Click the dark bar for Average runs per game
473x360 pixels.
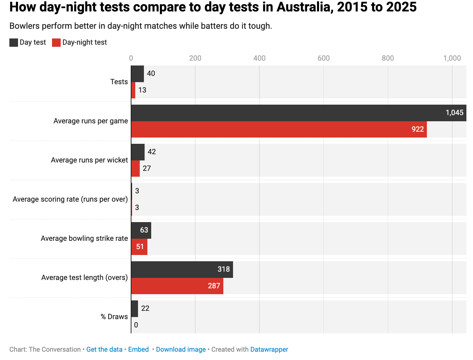298,113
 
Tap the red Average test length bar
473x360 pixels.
177,286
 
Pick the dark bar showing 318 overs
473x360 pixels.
182,269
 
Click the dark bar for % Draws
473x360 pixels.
135,308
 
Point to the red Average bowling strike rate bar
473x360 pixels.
139,247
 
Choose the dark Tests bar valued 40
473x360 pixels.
137,73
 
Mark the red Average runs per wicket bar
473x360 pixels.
135,168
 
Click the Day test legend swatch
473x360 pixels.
14,43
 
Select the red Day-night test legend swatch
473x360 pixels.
56,43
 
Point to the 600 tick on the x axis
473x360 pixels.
324,58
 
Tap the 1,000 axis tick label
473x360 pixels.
452,58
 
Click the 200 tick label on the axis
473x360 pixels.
195,58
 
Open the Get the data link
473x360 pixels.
104,349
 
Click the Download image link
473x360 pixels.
181,349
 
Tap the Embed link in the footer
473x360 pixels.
138,349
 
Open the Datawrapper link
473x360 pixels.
269,349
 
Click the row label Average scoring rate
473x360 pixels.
70,199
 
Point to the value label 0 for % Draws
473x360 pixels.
136,325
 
